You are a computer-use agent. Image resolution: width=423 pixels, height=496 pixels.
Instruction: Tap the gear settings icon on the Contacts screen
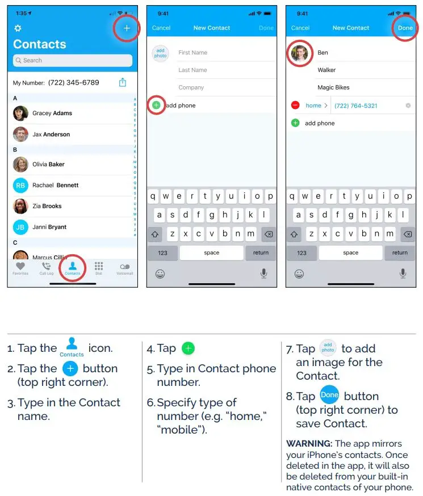(x=18, y=28)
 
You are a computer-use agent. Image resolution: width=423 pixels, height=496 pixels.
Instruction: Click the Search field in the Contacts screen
(x=73, y=60)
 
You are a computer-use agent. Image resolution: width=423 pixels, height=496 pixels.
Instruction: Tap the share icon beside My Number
(x=123, y=82)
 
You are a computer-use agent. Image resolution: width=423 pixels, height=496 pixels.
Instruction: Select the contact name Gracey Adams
(x=52, y=113)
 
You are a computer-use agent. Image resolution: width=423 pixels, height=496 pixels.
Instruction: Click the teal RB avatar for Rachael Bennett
(x=20, y=185)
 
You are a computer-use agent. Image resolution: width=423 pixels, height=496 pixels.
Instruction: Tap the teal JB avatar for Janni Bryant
(x=20, y=227)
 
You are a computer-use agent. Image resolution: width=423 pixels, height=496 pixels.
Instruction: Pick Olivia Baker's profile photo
(x=20, y=164)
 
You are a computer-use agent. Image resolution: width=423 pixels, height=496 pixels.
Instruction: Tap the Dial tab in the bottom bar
(x=99, y=268)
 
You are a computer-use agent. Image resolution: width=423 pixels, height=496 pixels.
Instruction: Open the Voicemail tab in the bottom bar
(x=125, y=268)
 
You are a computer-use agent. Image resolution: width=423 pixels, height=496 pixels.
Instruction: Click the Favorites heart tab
(x=20, y=268)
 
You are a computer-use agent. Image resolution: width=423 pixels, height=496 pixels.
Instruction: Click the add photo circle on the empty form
(x=160, y=53)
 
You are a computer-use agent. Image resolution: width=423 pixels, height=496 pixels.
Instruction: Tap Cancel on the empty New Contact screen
(x=161, y=28)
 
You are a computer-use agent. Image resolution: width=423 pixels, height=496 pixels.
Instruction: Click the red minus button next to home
(x=295, y=106)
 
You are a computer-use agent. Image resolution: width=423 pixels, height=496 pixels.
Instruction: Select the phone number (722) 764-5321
(x=356, y=106)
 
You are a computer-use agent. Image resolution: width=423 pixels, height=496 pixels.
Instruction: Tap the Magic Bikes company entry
(x=334, y=88)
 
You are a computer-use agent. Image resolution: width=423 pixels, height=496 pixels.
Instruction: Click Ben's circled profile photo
(x=299, y=53)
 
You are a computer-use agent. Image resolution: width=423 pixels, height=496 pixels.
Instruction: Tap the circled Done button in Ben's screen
(x=405, y=28)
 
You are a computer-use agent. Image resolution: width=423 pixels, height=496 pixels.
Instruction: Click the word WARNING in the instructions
(x=309, y=443)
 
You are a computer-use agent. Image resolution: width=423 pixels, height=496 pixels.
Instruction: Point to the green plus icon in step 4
(x=188, y=348)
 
